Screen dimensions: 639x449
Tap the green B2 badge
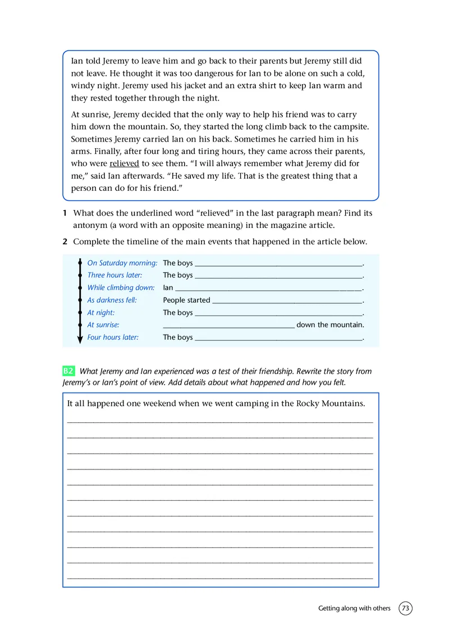(68, 371)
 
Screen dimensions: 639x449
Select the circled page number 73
(406, 608)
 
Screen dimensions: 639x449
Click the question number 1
(65, 213)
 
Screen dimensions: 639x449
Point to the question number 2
(65, 242)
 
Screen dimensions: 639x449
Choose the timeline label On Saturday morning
(122, 263)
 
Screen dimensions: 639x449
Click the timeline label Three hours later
(114, 275)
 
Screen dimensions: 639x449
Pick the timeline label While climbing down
(121, 287)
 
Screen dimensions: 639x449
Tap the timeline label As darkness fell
(112, 300)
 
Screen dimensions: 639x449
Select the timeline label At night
(101, 312)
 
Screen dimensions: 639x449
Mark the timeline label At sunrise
(103, 325)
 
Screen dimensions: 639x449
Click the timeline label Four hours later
(113, 337)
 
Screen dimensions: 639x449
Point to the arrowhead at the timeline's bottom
(80, 340)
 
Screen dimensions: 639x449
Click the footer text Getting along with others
(354, 608)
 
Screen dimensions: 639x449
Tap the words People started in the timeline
(186, 300)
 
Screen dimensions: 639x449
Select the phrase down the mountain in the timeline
(330, 325)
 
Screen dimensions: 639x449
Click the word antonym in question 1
(89, 226)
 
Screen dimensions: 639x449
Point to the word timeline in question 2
(137, 242)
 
